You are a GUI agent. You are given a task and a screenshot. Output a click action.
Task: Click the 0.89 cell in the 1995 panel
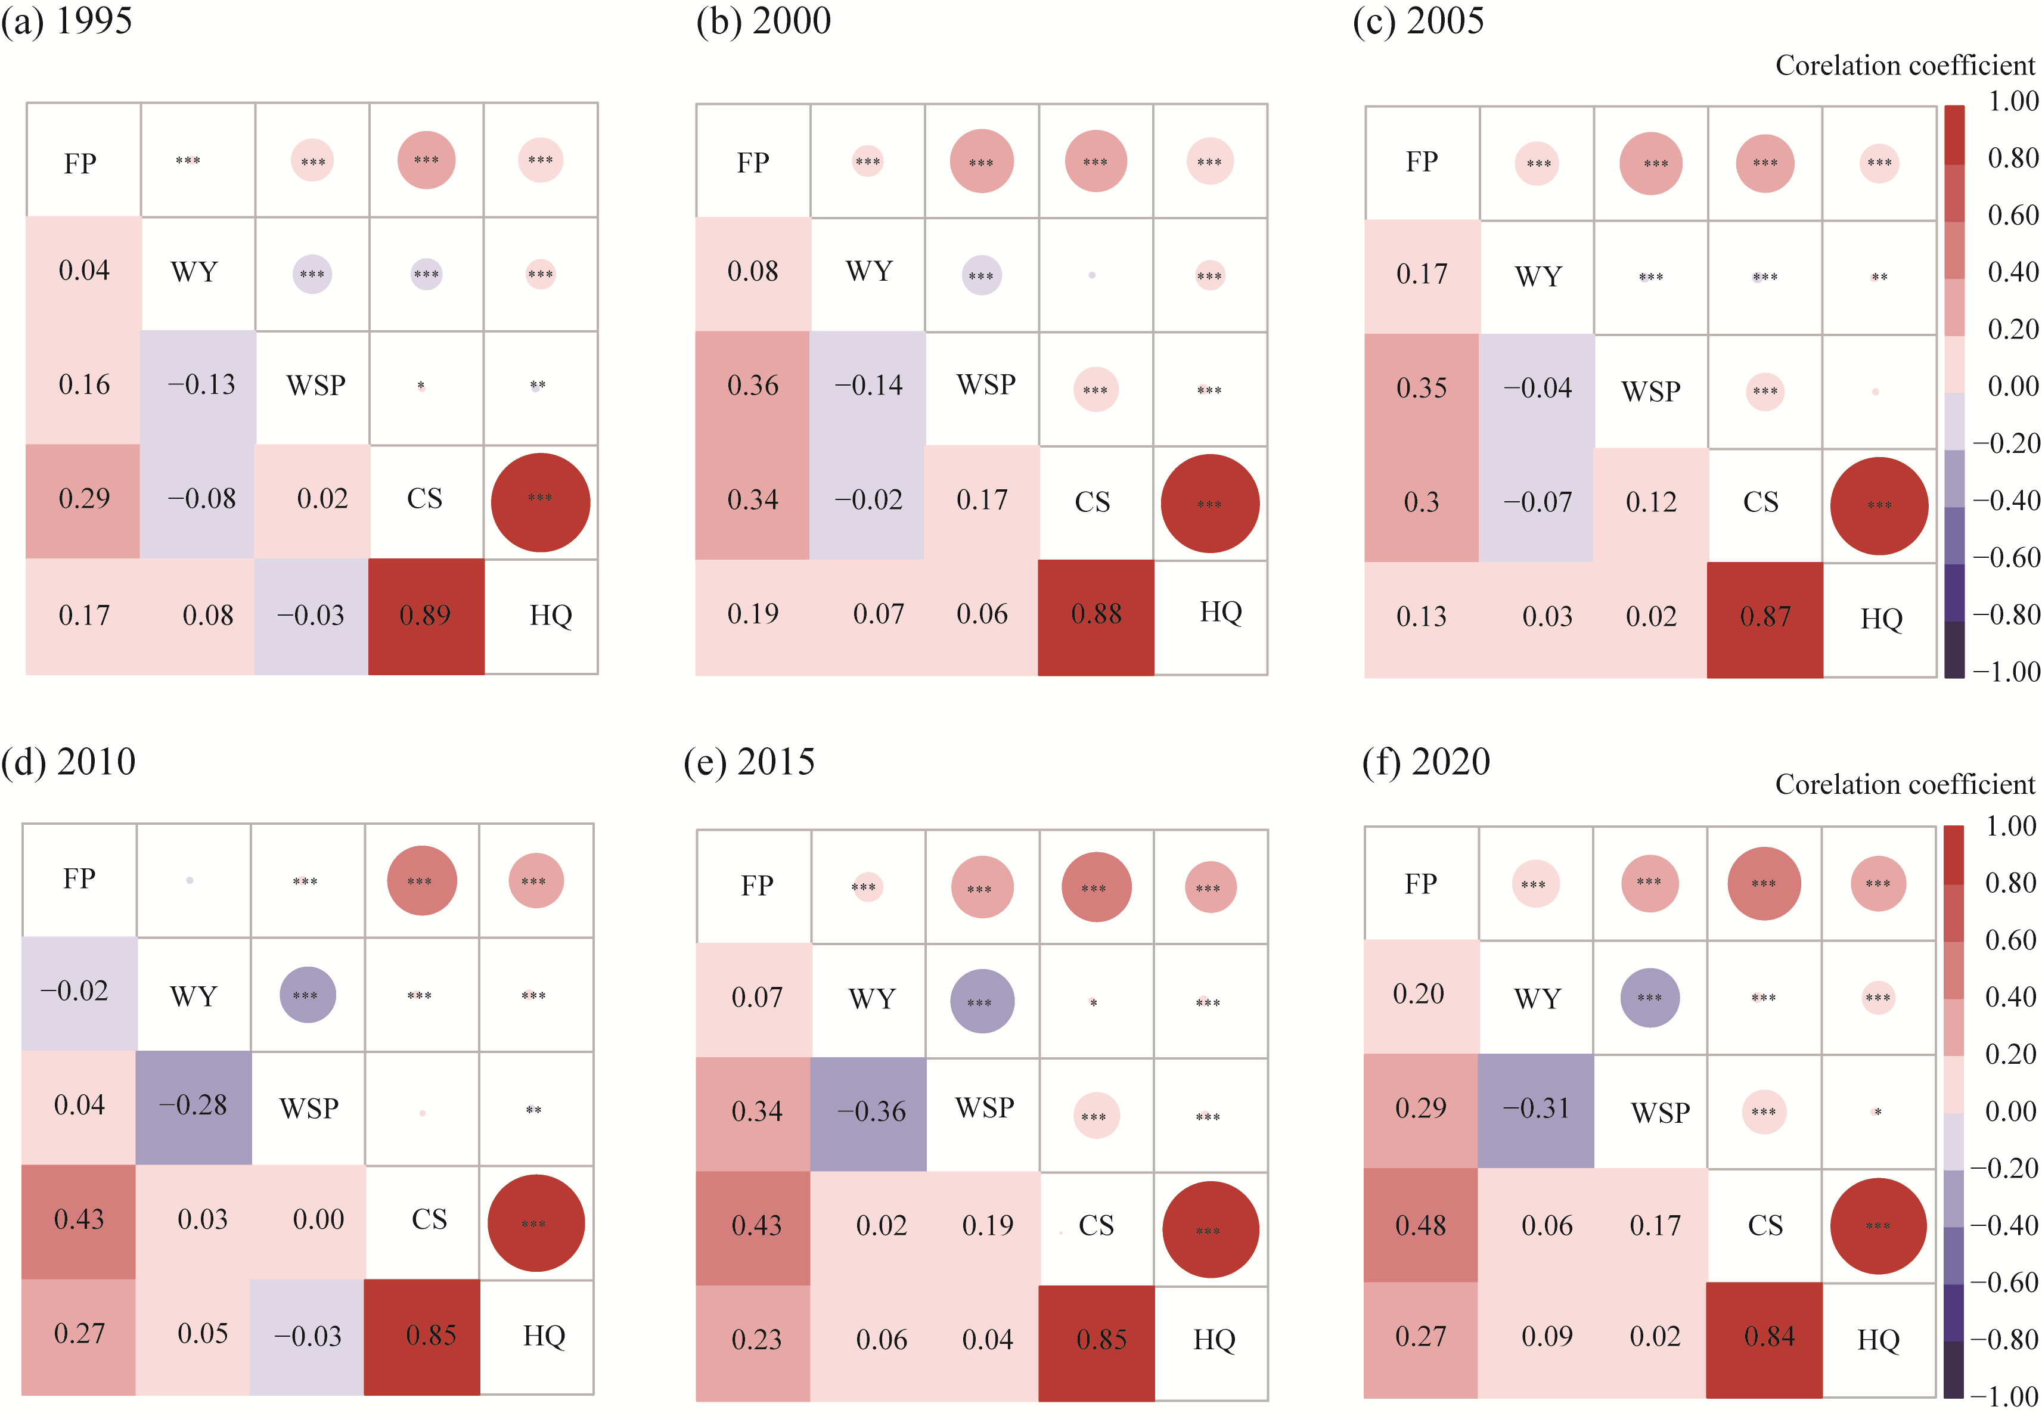(x=426, y=616)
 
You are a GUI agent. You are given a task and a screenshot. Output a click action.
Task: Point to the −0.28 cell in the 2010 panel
(x=193, y=1106)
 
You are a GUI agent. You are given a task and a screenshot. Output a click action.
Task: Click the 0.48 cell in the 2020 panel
(x=1420, y=1226)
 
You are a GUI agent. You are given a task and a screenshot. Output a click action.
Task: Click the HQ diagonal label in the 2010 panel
(x=544, y=1336)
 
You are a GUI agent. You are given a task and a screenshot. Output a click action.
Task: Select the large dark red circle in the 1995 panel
(x=540, y=502)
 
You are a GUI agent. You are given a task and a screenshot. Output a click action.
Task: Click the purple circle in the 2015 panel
(x=982, y=1002)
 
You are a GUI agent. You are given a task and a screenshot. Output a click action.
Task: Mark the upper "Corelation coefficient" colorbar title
(x=1904, y=66)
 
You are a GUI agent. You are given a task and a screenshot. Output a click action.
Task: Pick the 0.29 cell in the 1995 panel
(x=83, y=499)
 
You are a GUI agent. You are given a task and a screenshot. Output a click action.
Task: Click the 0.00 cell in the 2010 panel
(x=318, y=1220)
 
